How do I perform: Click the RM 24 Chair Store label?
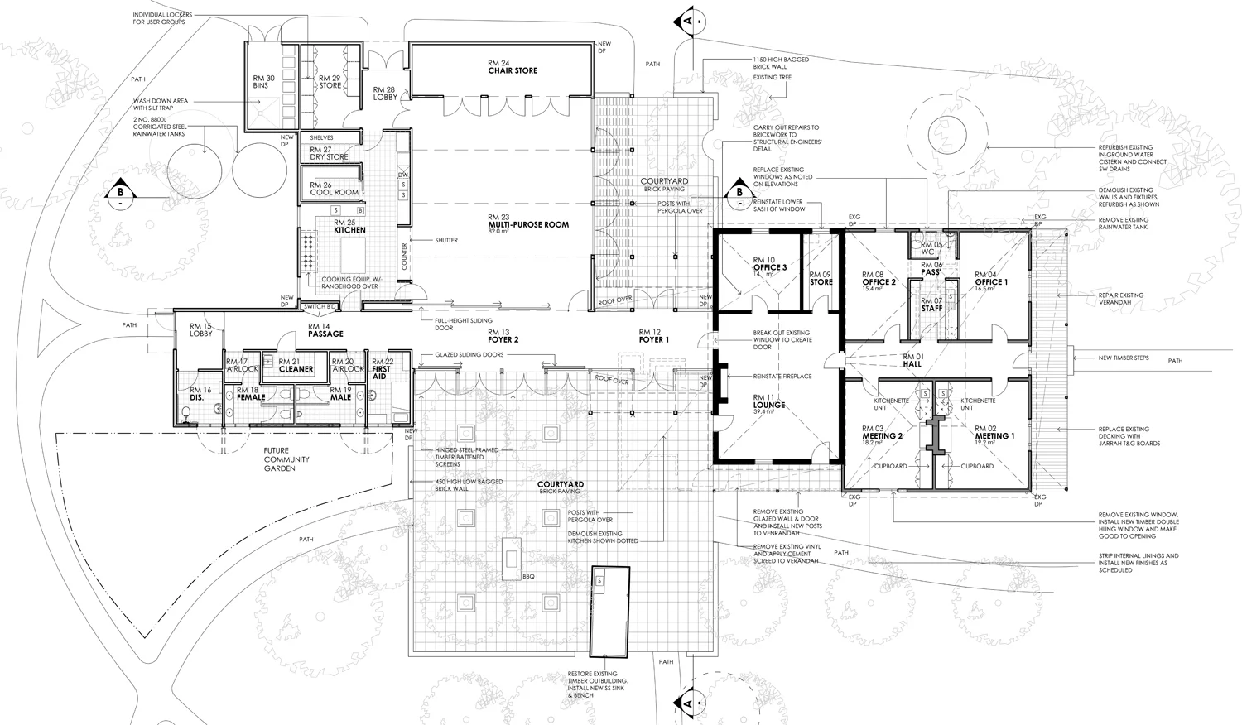coord(513,67)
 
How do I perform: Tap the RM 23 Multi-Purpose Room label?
coord(528,221)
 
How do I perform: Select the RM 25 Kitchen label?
coord(349,227)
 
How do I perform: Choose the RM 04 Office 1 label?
coord(990,278)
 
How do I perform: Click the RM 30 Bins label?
coord(263,82)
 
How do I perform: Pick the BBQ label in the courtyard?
coord(529,576)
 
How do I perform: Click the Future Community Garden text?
coord(286,459)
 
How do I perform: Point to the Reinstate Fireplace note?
coord(782,377)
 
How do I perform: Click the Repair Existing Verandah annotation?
coord(1120,298)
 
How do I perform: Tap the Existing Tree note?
coord(772,78)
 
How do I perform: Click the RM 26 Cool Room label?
coord(335,189)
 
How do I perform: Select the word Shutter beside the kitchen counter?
coord(445,240)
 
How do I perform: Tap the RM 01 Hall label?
coord(912,360)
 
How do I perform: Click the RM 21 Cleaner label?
coord(296,365)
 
